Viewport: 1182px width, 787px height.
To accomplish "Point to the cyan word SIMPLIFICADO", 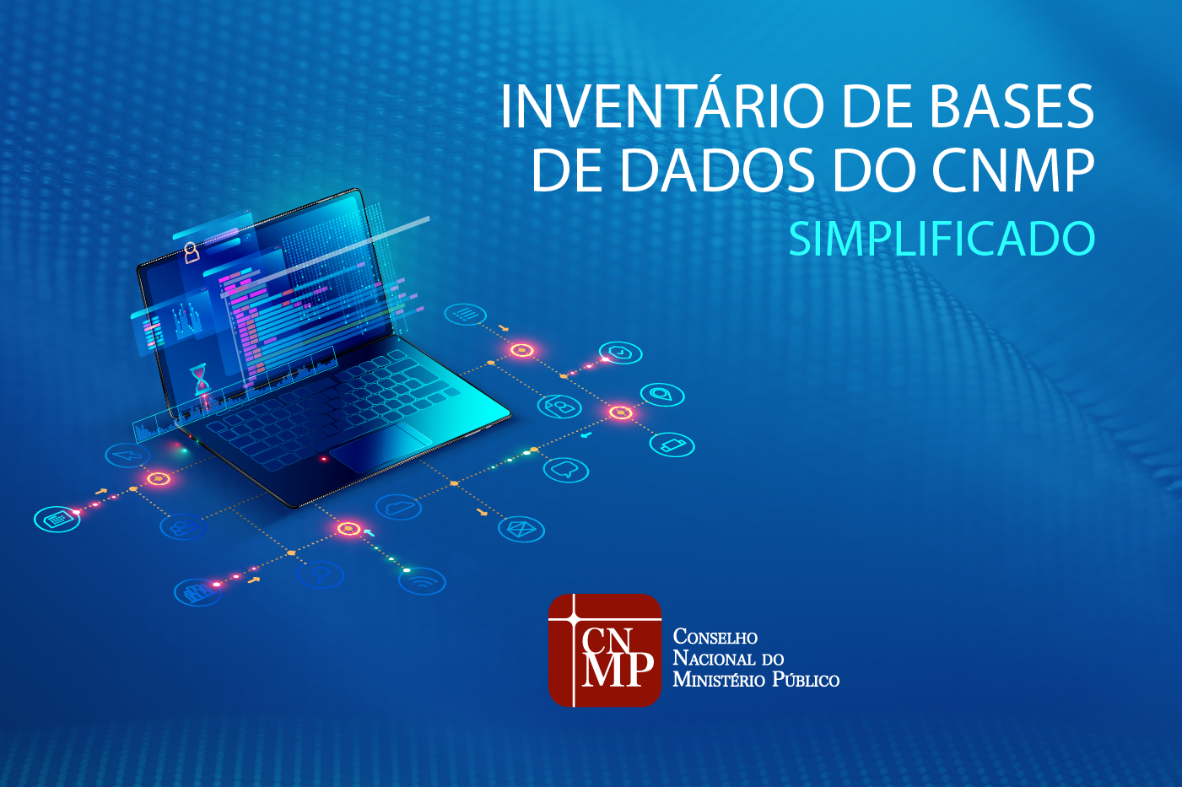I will click(x=942, y=240).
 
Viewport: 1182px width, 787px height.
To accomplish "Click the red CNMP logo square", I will click(x=604, y=650).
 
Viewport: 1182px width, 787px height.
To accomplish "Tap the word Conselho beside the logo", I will click(x=715, y=638).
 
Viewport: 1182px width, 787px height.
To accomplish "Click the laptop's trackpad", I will click(x=381, y=447).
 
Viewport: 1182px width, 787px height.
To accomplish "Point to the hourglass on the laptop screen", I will click(x=200, y=379).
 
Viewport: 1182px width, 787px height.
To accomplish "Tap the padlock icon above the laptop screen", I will click(x=192, y=251).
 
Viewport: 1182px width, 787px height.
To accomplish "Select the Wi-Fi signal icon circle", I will click(x=422, y=581).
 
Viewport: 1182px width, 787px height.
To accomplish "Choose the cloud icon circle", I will click(x=398, y=507).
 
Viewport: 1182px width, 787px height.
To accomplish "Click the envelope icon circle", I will click(x=521, y=529).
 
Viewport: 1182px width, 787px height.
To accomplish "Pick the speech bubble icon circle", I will click(x=565, y=469).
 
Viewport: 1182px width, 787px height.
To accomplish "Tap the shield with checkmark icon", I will click(x=621, y=353).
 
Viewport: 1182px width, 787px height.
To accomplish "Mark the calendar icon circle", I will click(x=57, y=519).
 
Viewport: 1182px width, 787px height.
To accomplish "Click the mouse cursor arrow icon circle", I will click(x=128, y=455).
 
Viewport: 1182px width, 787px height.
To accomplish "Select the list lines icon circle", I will click(x=465, y=315).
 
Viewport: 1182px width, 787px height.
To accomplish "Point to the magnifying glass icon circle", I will click(x=321, y=574).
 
